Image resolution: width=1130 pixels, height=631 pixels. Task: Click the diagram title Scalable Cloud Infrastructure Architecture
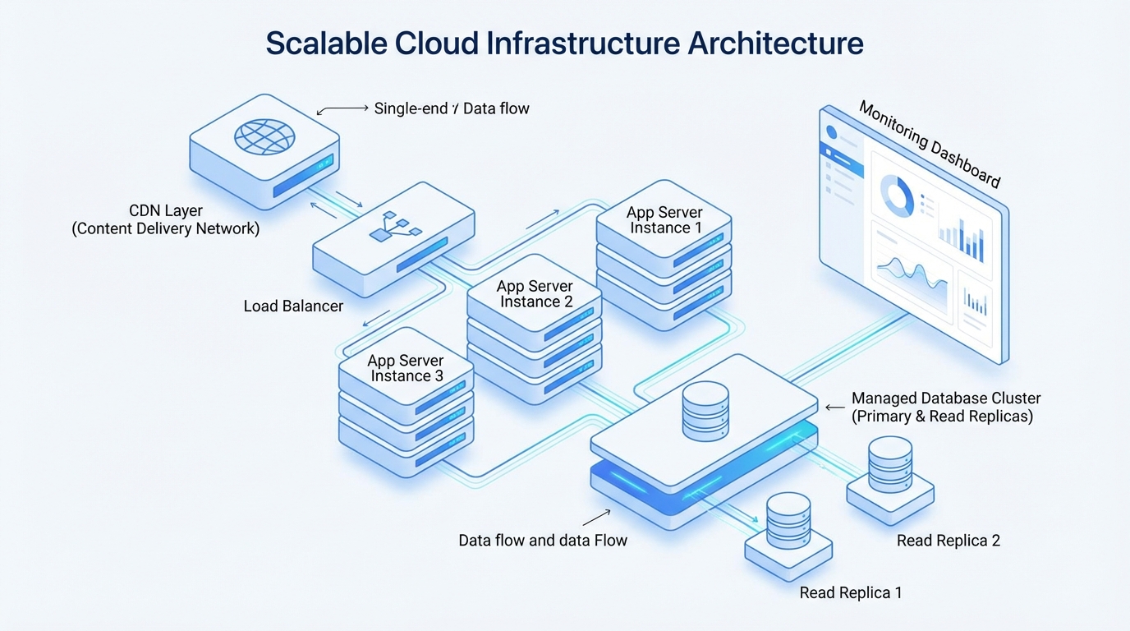[564, 44]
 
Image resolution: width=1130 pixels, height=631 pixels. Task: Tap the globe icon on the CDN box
[262, 136]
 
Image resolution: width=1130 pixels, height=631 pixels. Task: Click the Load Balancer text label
[293, 306]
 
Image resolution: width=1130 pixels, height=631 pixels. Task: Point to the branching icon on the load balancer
[395, 227]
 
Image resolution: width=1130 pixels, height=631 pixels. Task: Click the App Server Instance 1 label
[664, 220]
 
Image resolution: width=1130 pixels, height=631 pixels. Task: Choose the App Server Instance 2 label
[535, 294]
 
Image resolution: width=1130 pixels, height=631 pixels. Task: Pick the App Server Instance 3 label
[406, 368]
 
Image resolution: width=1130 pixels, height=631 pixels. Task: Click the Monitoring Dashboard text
[930, 145]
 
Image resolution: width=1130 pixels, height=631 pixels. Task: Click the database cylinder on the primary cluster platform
[705, 410]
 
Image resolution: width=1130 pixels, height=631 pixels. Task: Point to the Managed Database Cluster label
[946, 407]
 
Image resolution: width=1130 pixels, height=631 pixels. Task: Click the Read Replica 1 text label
[850, 592]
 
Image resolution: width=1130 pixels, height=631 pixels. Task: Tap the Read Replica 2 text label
[948, 541]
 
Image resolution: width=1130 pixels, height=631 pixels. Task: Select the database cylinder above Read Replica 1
[788, 521]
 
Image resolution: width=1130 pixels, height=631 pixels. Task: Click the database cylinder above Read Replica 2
[890, 464]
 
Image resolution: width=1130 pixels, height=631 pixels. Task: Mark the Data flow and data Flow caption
[543, 541]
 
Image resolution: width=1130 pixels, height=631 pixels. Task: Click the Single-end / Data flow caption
[452, 108]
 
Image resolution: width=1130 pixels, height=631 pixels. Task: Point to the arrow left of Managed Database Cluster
[834, 407]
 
